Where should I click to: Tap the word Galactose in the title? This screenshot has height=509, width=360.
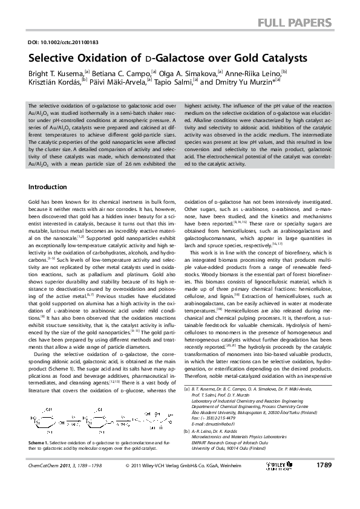tap(175, 59)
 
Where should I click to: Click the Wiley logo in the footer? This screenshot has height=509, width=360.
tap(281, 482)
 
